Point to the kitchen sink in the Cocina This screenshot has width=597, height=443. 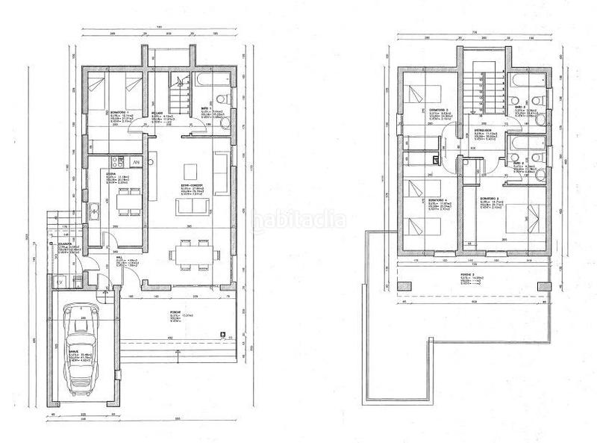tap(96, 211)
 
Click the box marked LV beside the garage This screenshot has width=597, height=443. tap(60, 282)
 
